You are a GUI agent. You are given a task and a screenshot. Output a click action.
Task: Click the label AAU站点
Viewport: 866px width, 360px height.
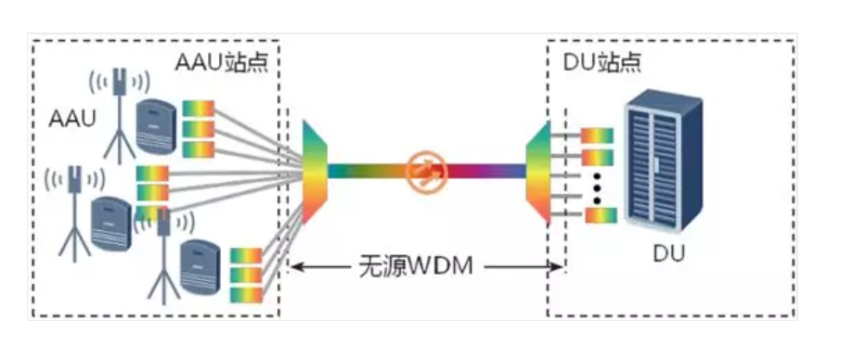(225, 62)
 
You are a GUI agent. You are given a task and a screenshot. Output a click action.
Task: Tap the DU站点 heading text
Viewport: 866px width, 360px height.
(602, 62)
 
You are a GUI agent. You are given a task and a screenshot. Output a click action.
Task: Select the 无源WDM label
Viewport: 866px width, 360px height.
(416, 267)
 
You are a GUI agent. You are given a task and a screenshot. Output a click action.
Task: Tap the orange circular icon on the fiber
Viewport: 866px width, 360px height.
(426, 171)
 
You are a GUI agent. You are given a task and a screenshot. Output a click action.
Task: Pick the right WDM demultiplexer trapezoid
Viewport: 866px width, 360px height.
(539, 172)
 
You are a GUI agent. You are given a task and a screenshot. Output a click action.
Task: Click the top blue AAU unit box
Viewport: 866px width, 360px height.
(154, 125)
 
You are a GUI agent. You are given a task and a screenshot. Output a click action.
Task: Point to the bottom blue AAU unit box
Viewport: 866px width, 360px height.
(201, 266)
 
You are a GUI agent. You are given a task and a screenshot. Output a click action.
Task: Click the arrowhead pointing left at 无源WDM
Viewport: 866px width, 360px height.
(297, 267)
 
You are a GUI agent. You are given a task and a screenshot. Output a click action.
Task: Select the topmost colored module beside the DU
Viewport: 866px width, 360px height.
(598, 136)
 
